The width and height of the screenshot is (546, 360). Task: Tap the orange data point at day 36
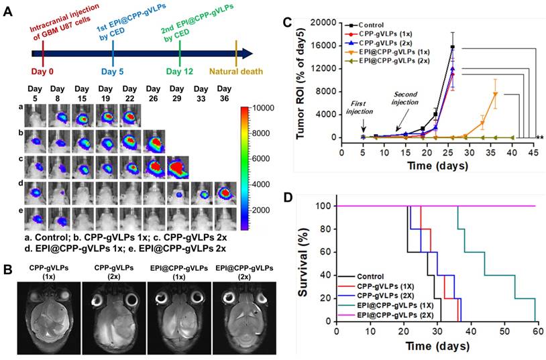tap(495, 94)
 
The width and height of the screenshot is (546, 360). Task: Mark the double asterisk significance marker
tap(539, 137)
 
